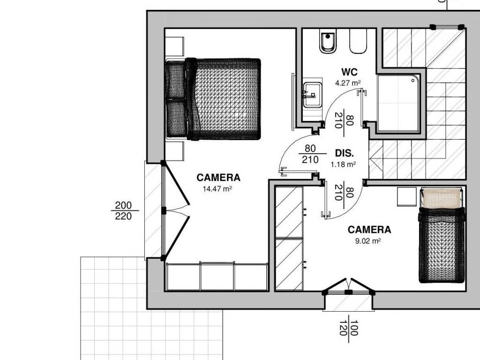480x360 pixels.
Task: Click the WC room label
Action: (x=349, y=72)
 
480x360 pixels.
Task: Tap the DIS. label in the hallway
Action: (x=345, y=153)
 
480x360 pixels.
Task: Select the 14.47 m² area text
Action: (x=217, y=188)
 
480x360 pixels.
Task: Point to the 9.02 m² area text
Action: (x=367, y=240)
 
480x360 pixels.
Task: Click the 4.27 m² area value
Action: (x=348, y=82)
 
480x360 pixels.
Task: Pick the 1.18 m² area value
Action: (x=343, y=165)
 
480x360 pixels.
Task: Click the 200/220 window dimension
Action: (x=124, y=210)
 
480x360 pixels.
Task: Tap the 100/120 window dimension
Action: (x=349, y=328)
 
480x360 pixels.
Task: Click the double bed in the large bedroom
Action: (x=213, y=99)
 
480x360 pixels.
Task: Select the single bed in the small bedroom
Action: (x=442, y=235)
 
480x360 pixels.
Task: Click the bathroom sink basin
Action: (x=312, y=95)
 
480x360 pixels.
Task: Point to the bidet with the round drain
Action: (x=328, y=42)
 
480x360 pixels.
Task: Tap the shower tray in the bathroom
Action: (x=398, y=104)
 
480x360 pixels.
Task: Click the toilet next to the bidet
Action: (x=358, y=42)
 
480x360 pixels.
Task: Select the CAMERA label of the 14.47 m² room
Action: (x=218, y=178)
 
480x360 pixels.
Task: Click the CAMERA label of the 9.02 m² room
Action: (x=369, y=230)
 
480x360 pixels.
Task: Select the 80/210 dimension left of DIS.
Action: (x=310, y=154)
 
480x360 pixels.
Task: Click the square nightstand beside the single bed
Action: (x=407, y=197)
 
